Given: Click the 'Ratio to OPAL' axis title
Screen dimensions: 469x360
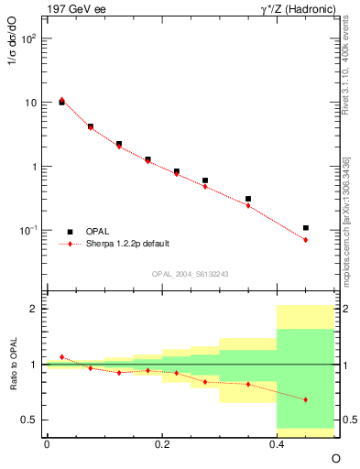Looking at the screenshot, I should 13,366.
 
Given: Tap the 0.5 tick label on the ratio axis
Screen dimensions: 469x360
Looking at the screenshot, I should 29,420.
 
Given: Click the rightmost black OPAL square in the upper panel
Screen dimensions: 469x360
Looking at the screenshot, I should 306,227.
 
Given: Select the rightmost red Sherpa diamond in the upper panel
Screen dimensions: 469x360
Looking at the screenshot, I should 306,240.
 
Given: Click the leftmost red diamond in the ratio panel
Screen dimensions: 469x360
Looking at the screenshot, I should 61,356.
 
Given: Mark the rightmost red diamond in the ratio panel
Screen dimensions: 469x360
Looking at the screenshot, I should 306,399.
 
